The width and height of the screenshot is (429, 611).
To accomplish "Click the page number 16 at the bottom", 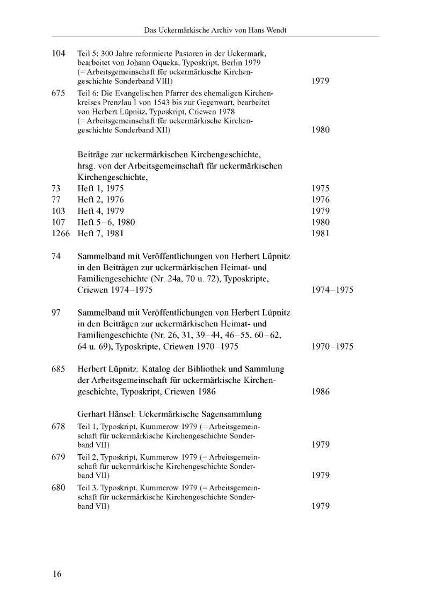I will (x=57, y=574).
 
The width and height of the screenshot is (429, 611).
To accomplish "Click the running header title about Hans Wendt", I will (x=215, y=31).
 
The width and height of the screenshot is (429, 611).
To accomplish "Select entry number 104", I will (x=59, y=54).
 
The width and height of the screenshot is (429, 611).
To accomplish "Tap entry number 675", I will (x=59, y=93).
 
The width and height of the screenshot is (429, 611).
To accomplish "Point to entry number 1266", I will (x=61, y=234).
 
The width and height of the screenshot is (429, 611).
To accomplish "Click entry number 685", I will (x=59, y=369).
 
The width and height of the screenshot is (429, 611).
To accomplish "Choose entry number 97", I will (x=56, y=312).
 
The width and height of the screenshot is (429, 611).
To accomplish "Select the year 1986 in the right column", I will (x=321, y=392).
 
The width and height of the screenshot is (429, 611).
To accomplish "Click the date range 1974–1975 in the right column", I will (x=332, y=290).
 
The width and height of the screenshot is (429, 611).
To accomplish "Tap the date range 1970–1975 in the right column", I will (x=332, y=347).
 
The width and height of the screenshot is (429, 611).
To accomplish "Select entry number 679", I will (x=59, y=457).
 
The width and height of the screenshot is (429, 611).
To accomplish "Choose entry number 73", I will (x=56, y=188).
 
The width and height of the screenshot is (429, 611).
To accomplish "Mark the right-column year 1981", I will (x=321, y=234).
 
